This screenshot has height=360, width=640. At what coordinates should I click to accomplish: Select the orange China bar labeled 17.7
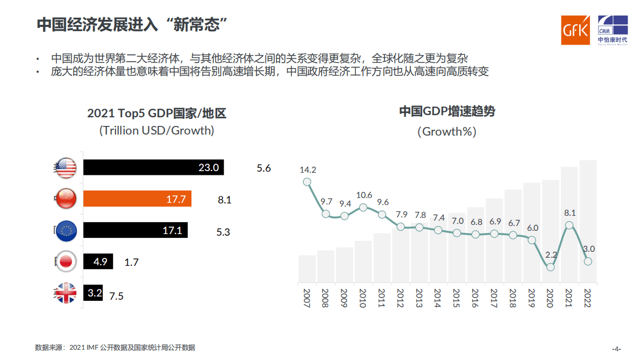(x=137, y=199)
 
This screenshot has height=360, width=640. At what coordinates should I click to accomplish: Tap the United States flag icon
(x=66, y=168)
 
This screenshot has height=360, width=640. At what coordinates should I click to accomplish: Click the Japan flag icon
(x=66, y=262)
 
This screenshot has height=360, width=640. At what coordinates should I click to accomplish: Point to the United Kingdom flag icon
(x=66, y=294)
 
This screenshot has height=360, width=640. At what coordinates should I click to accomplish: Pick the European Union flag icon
(x=66, y=231)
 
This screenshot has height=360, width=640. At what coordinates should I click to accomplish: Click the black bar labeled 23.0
(x=153, y=168)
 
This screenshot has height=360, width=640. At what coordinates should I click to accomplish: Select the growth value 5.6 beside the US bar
(x=264, y=168)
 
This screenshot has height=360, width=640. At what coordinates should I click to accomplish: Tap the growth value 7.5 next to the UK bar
(x=117, y=296)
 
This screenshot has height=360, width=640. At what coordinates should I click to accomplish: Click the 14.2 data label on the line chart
(x=308, y=170)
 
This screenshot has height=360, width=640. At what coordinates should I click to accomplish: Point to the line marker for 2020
(x=550, y=267)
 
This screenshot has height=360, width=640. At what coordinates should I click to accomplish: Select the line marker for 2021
(x=569, y=225)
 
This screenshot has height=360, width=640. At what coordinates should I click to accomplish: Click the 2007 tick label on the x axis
(x=307, y=298)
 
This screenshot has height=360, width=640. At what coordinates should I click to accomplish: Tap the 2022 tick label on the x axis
(x=588, y=298)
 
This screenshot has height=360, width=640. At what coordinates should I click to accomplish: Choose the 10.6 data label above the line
(x=364, y=195)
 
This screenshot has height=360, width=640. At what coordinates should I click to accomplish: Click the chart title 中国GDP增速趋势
(x=446, y=112)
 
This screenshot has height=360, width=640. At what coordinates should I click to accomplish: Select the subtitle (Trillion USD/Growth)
(x=157, y=130)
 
